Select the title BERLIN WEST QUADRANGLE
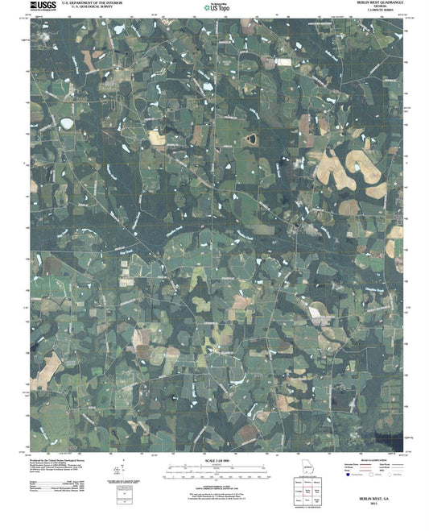372,4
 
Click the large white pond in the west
65,122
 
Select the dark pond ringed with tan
249,139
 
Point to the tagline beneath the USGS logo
39,12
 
